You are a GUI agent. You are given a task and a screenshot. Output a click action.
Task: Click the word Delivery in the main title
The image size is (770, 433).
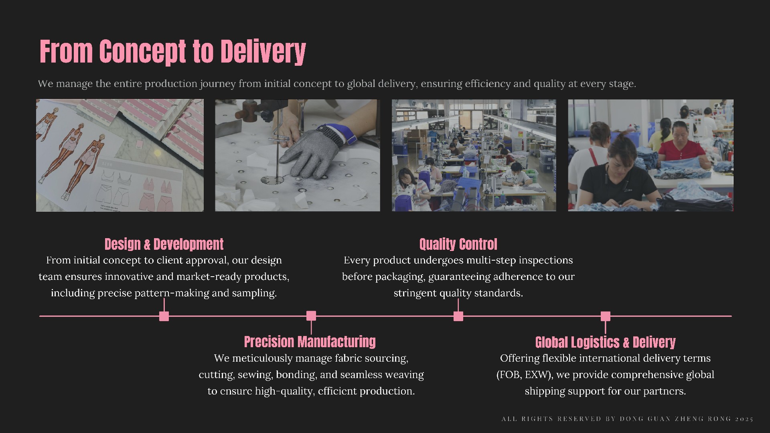(263, 51)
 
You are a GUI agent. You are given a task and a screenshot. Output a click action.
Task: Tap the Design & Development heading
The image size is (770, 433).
(164, 244)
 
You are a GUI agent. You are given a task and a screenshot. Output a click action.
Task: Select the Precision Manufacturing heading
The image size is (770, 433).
(310, 342)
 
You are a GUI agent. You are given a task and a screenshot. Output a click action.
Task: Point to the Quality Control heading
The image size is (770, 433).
(458, 244)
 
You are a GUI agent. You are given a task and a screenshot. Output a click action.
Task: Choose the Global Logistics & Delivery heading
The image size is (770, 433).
(605, 342)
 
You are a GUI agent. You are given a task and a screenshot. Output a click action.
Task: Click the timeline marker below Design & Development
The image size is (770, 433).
(164, 316)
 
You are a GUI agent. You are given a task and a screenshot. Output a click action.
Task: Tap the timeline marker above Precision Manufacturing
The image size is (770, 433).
(311, 316)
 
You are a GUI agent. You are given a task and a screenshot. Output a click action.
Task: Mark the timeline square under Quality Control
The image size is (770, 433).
(458, 316)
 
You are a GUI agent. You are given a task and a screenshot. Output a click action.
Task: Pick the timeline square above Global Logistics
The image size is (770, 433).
(606, 316)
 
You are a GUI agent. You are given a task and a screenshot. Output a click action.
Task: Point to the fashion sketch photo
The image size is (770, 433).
(120, 155)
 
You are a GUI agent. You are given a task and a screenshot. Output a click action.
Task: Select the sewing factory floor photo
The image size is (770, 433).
(474, 155)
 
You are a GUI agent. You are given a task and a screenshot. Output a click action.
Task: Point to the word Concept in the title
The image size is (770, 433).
(143, 51)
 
